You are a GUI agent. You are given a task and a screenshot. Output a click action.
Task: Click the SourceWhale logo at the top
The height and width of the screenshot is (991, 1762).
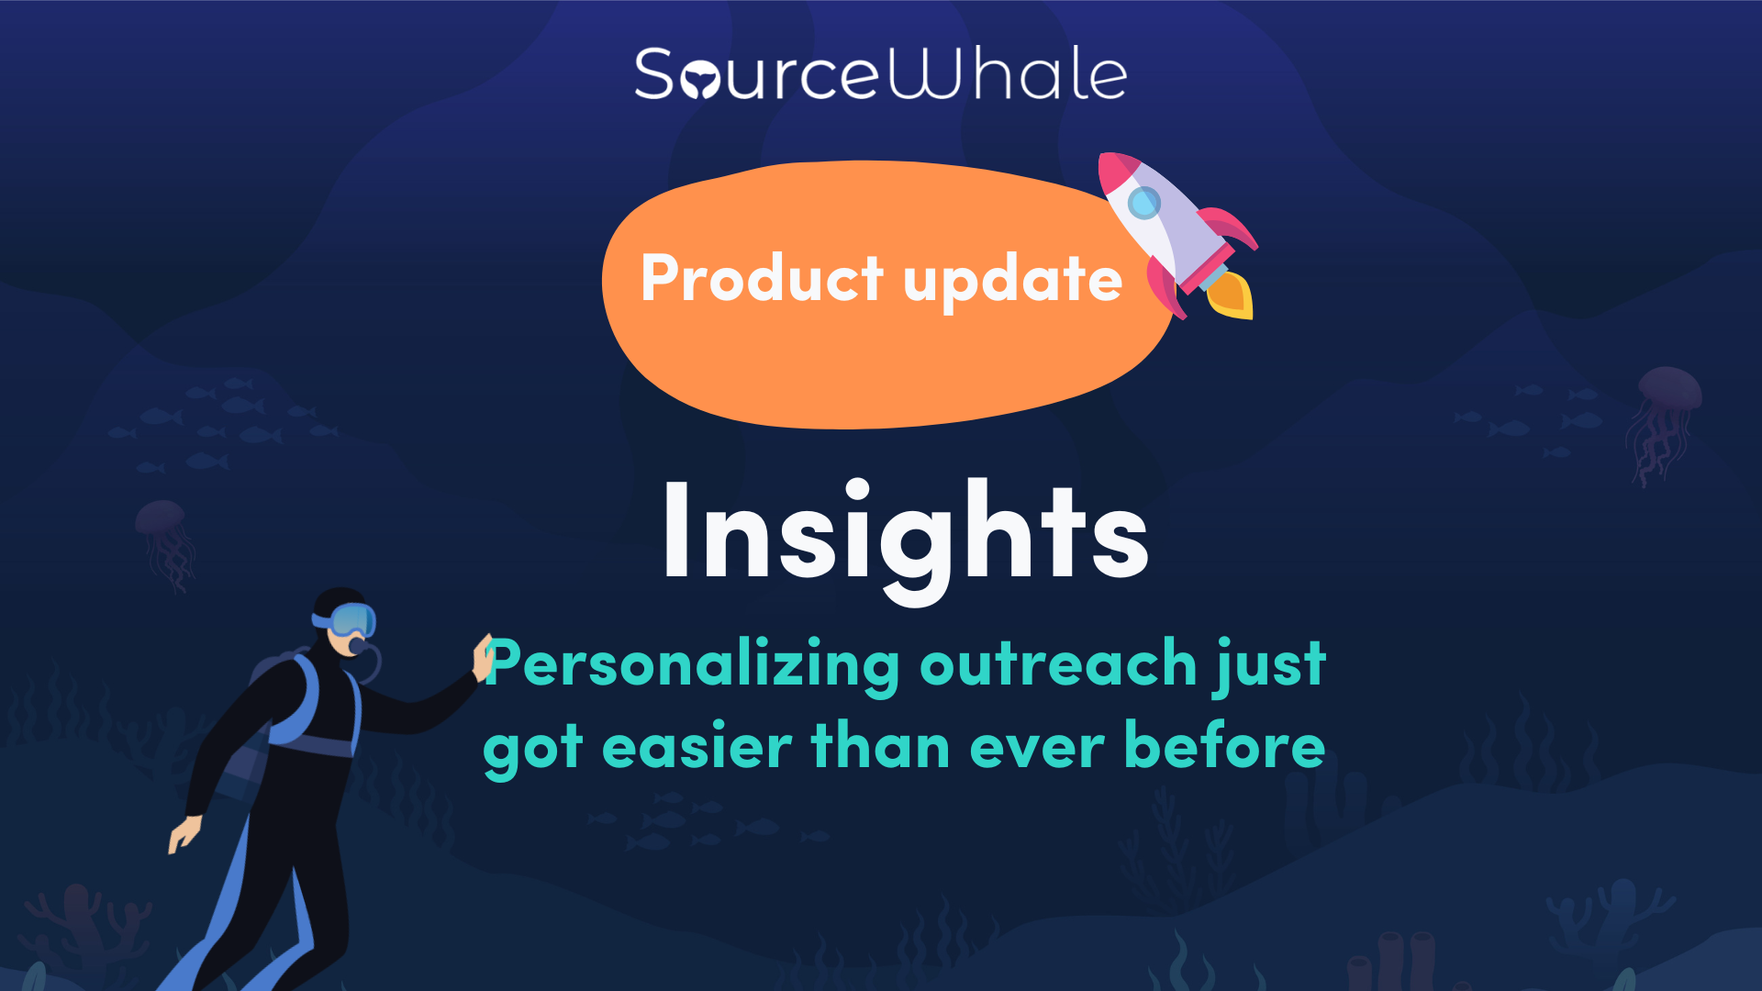coord(881,73)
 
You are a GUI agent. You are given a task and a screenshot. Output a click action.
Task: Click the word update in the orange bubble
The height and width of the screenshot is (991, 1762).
coord(1013,281)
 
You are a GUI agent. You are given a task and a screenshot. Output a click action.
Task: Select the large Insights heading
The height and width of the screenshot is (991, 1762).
coord(905,540)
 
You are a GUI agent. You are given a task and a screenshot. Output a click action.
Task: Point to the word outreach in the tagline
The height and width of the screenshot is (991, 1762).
coord(1058,663)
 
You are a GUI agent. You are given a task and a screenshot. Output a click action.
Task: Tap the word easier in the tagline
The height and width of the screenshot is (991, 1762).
coord(697,745)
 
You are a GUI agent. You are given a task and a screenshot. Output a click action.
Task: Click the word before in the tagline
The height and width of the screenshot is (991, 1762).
coord(1225,743)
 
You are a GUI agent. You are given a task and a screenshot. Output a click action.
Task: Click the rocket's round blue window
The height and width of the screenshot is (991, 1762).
coord(1143,202)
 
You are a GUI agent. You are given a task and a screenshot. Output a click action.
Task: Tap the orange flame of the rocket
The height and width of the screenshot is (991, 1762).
coord(1230,295)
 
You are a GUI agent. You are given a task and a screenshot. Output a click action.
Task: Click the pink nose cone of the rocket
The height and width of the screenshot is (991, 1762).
coord(1114,171)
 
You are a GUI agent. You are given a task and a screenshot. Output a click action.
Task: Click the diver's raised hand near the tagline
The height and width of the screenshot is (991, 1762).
coord(483,657)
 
